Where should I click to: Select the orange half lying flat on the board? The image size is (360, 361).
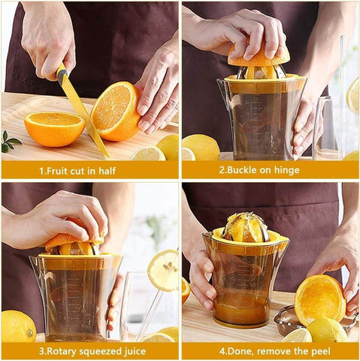(54, 129)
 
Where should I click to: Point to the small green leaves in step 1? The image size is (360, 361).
(10, 141)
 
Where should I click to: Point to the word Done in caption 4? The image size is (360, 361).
(242, 351)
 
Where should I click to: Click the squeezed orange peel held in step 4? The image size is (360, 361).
(319, 298)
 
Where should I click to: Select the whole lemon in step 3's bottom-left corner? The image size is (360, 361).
(17, 326)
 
